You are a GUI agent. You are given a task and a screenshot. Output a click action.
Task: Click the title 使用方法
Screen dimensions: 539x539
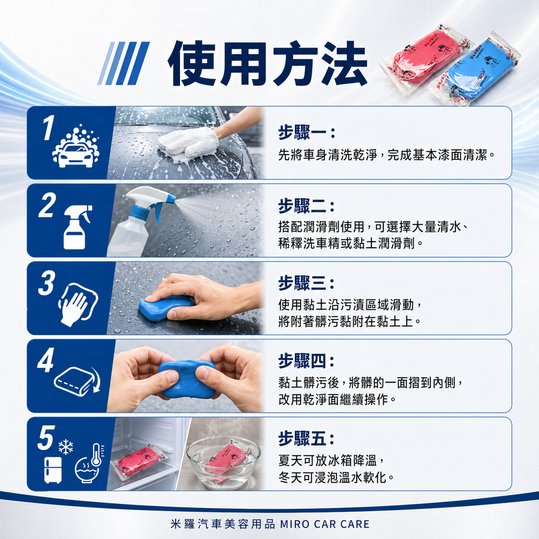[267, 63]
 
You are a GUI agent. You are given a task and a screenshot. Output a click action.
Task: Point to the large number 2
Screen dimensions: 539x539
[47, 205]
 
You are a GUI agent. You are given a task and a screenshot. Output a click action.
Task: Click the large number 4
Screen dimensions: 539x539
[46, 361]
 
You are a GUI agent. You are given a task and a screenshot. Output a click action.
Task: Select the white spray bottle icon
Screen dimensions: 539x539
[75, 227]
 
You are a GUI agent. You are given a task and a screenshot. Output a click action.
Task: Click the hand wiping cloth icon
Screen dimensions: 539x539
[78, 305]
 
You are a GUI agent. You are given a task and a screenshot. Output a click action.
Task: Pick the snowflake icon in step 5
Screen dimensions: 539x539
[66, 447]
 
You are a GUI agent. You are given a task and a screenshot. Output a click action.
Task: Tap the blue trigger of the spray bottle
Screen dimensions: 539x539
[157, 211]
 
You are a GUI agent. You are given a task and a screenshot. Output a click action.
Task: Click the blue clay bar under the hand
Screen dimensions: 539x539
[164, 308]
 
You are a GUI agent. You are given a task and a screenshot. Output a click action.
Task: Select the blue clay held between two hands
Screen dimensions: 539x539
[186, 380]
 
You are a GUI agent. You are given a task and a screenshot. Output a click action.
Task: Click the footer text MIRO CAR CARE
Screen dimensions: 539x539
[325, 524]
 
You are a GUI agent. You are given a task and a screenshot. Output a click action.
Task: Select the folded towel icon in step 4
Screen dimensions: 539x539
[75, 380]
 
